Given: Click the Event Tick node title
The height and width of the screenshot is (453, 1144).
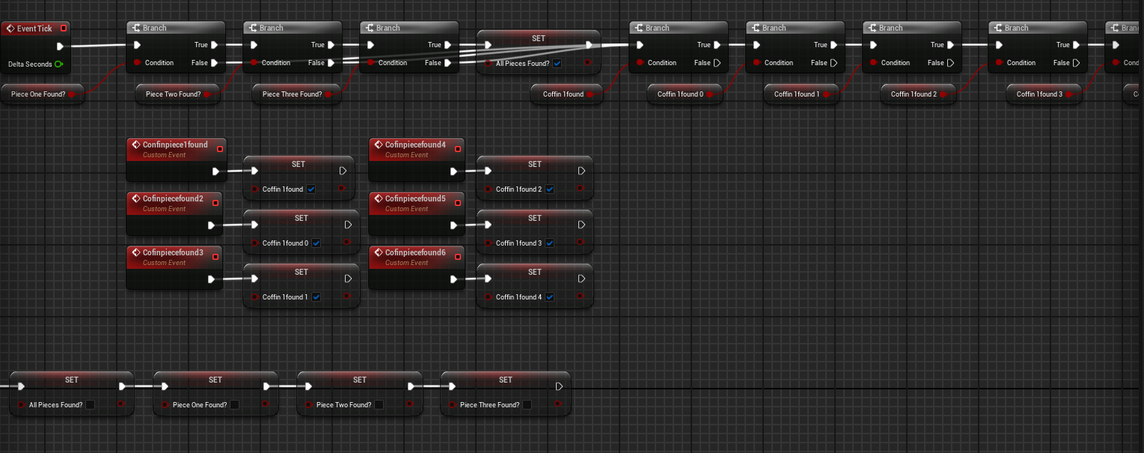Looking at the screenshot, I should (34, 28).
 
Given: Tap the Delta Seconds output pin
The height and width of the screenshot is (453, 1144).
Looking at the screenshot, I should (58, 64).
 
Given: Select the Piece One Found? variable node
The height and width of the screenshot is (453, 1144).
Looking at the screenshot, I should (38, 94).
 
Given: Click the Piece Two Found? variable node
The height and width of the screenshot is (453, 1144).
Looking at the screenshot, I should (173, 94).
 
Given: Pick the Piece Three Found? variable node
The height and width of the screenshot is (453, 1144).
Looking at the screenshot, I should (292, 94).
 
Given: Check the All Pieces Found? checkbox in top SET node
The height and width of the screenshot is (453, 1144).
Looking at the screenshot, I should (557, 64).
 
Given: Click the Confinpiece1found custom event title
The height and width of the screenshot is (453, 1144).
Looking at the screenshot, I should (175, 145).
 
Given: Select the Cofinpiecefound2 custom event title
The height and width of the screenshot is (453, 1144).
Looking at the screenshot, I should (173, 198).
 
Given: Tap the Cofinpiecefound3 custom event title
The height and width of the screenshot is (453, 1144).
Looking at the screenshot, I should (173, 252).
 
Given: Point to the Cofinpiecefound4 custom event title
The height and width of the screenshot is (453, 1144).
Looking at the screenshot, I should (415, 145).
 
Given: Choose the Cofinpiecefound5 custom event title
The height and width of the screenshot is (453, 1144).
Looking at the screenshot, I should (415, 198).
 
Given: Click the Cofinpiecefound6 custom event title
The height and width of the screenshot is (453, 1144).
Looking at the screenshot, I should (415, 252).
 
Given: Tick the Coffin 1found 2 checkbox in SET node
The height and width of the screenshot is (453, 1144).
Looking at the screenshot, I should (549, 189).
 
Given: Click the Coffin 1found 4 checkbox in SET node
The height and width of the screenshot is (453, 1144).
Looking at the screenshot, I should (549, 297).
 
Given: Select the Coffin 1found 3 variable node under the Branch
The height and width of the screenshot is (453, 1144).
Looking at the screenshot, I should (1039, 94).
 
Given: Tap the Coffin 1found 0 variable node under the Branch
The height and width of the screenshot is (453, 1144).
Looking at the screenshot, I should (680, 94).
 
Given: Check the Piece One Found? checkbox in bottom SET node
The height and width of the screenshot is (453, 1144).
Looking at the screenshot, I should (234, 405).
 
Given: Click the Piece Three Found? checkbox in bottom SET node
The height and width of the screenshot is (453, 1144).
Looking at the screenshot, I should (527, 405).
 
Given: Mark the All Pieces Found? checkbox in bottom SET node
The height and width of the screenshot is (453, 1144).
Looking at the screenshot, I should (90, 405).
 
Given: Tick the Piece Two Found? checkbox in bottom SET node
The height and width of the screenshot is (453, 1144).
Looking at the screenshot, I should (379, 405).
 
